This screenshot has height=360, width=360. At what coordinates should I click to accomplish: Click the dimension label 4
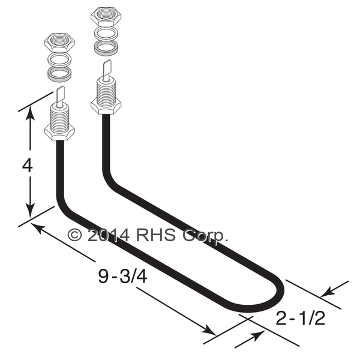[x=28, y=166]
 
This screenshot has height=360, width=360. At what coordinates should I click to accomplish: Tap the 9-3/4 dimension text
[x=122, y=276]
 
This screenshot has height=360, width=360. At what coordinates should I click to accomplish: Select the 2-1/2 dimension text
[x=301, y=319]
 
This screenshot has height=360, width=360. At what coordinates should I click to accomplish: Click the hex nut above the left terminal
[x=59, y=42]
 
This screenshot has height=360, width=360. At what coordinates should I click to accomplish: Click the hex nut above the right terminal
[x=106, y=16]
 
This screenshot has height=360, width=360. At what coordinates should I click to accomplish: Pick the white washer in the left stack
[x=59, y=59]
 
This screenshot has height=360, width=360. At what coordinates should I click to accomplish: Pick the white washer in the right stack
[x=106, y=33]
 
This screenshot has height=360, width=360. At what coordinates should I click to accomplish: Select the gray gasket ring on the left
[x=59, y=73]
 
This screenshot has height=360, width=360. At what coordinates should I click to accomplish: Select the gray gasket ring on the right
[x=106, y=48]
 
